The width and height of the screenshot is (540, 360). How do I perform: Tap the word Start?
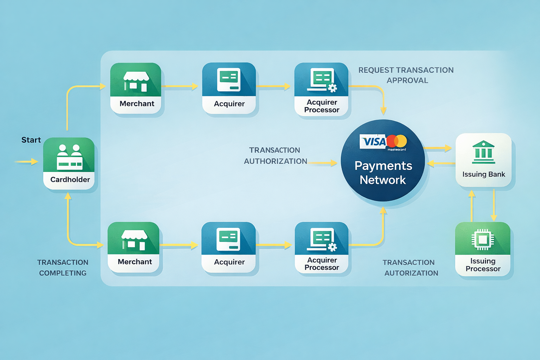(31, 140)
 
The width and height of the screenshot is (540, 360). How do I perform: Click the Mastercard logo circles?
(397, 141)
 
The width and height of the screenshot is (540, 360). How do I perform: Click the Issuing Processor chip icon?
(483, 239)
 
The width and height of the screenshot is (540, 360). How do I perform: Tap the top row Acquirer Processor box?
(321, 89)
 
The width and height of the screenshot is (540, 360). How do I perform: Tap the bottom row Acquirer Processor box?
(322, 247)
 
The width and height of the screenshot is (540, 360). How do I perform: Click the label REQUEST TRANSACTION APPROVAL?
(406, 75)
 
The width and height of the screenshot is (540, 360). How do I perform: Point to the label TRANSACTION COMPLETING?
(63, 268)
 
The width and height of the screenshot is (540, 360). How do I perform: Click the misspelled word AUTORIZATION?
(411, 273)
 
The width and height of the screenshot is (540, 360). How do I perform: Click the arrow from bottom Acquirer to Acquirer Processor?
(274, 245)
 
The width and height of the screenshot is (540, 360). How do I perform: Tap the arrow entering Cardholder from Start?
(27, 162)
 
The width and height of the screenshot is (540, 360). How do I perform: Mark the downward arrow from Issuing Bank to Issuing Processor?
(494, 206)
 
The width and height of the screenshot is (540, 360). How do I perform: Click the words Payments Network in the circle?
(383, 173)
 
